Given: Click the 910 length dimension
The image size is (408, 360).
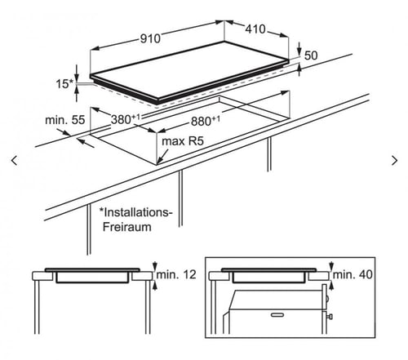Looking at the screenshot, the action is tap(150, 38).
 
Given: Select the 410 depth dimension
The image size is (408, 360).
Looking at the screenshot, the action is tap(255, 29).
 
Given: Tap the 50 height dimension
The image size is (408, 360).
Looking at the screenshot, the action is tap(311, 56).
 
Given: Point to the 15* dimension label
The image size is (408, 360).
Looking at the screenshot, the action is tap(64, 84).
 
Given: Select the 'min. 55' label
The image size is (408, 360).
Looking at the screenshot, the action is tap(65, 120).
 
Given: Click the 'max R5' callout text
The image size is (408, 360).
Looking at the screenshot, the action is tap(183, 141).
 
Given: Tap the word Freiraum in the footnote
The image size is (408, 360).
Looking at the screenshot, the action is tap(127, 227).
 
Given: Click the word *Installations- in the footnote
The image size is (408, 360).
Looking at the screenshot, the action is tap(135, 212).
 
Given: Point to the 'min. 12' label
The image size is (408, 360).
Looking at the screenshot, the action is tap(176, 274).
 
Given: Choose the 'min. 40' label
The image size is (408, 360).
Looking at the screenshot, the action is tap(353, 274).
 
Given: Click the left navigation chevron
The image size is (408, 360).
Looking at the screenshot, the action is tap(14, 161).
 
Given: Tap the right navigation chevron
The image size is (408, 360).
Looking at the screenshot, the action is tap(394, 161).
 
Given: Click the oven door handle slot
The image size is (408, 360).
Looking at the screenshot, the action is tap(277, 315).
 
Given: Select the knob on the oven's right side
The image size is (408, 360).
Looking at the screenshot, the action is tap(330, 317).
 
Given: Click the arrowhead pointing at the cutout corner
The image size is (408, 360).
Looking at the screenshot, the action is tap(159, 161).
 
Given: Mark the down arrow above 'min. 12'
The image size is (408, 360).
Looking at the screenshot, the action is tap(155, 266).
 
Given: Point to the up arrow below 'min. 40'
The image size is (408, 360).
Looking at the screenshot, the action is tap(331, 286).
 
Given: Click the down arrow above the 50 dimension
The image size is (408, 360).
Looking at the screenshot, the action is tap(299, 48).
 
